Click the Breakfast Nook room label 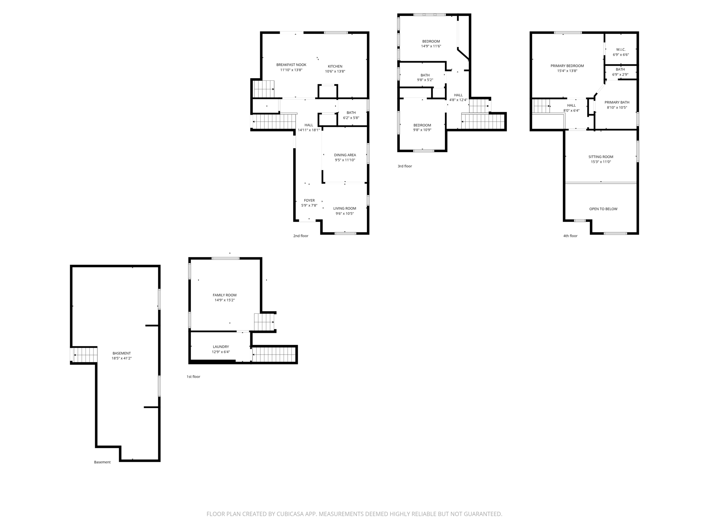click(x=291, y=65)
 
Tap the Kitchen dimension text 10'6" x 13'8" click(x=335, y=72)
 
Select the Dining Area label click(x=345, y=155)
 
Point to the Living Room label click(x=344, y=209)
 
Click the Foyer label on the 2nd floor click(x=309, y=201)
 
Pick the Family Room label click(x=224, y=295)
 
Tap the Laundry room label click(x=221, y=347)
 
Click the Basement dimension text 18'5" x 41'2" click(x=122, y=358)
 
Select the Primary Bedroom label click(x=567, y=66)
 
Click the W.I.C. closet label click(x=621, y=50)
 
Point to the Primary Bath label click(x=617, y=103)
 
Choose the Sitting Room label click(x=601, y=157)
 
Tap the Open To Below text click(x=603, y=209)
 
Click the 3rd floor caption click(x=405, y=166)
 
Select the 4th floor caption click(x=570, y=236)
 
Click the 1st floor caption click(x=193, y=376)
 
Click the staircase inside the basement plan click(x=85, y=355)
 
